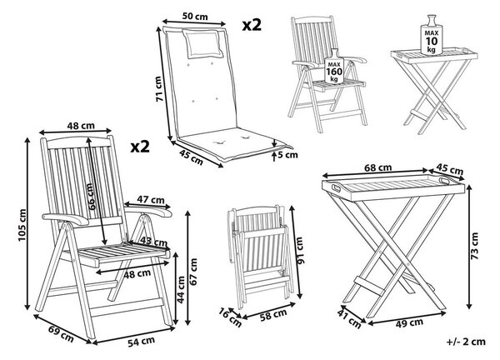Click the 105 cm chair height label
tap(22, 225)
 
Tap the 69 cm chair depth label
tap(61, 333)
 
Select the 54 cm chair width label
tap(142, 342)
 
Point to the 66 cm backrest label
tap(91, 196)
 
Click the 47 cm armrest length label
tap(151, 200)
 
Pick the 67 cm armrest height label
tap(193, 272)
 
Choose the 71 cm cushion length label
tap(160, 88)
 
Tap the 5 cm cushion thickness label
tap(287, 155)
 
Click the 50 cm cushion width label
tap(195, 16)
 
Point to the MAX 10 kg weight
tap(432, 35)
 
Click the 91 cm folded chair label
tap(300, 250)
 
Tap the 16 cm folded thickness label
tap(230, 317)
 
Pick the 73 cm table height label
tap(474, 246)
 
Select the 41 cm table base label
tap(349, 319)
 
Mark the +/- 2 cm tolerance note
tap(466, 342)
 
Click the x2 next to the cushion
tap(252, 24)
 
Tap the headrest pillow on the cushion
tap(203, 43)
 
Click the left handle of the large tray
tap(337, 187)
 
